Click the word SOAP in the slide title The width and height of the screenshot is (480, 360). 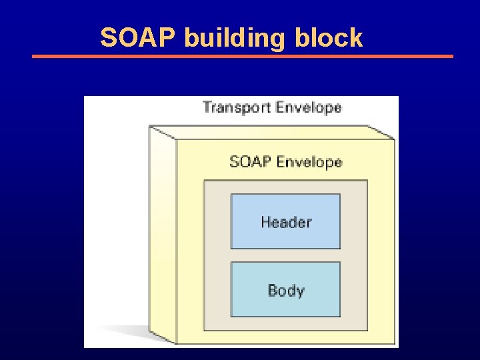138,38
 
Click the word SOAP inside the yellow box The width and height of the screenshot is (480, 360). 250,162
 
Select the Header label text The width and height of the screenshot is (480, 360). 286,222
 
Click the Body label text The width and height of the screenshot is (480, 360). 286,291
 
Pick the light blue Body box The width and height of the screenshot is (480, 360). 286,305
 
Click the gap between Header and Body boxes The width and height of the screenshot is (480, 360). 286,255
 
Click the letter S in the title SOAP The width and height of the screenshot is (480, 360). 107,38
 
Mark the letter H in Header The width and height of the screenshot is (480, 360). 266,222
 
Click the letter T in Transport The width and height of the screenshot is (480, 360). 207,108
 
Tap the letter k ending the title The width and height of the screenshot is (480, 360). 357,38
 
